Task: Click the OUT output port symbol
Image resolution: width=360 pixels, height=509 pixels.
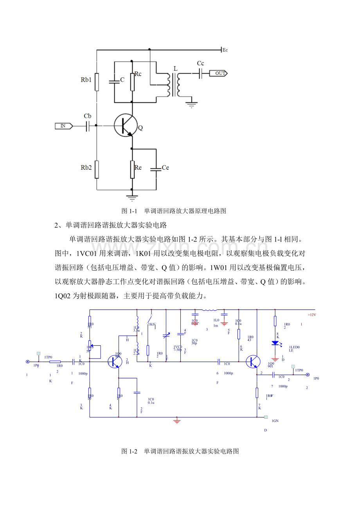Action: coord(218,73)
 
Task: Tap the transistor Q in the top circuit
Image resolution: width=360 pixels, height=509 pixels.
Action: coord(125,125)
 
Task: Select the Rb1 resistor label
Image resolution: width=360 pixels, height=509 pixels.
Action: coord(86,80)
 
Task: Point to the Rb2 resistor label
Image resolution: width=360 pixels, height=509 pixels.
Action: coord(86,168)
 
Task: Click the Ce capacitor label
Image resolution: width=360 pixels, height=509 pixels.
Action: coord(165,168)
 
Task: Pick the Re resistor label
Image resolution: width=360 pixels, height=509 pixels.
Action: coord(138,168)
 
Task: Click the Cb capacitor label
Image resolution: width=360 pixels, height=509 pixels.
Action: coord(88,116)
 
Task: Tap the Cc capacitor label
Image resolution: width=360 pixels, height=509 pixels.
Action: coord(200,63)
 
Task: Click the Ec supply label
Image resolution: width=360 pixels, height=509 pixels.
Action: coord(225,50)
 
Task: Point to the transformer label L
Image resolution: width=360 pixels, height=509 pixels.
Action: coord(175,68)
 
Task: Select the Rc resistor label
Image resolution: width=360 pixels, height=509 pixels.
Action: coord(138,74)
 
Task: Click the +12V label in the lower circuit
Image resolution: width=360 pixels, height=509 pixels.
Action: coord(311,315)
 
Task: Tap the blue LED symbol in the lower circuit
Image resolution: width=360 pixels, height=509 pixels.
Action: coord(275,343)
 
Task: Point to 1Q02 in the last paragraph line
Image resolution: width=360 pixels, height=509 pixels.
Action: coord(65,296)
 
